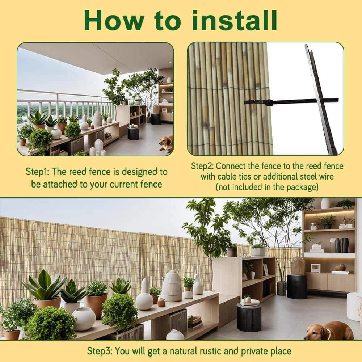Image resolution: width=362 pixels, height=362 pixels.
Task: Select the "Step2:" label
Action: coord(202,167)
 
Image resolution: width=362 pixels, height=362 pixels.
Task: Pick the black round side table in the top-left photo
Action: coord(134,133)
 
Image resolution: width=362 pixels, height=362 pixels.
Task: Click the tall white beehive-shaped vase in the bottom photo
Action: coord(172,286)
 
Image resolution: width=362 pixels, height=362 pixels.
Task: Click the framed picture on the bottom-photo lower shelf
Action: coord(316,268)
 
